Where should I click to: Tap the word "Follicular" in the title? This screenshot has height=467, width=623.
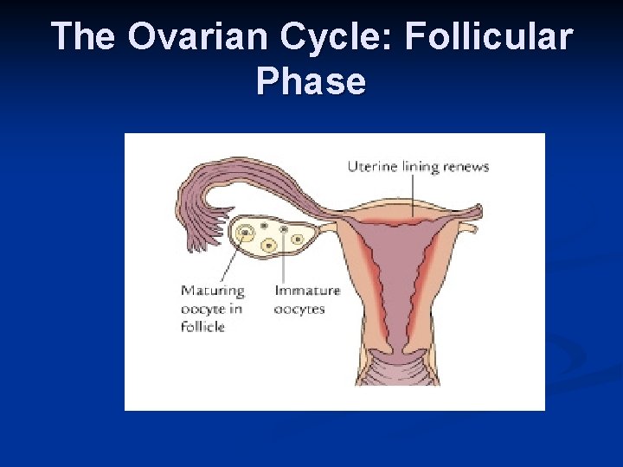(x=490, y=37)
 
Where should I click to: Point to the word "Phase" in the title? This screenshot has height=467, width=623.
(x=311, y=81)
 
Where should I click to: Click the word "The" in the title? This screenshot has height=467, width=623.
(x=84, y=37)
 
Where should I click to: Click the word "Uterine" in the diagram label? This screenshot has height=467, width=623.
(x=372, y=166)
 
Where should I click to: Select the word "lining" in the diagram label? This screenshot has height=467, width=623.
(x=421, y=166)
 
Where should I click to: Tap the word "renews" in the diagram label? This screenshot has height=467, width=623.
(x=468, y=166)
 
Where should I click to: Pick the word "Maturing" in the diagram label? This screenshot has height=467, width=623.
(x=213, y=291)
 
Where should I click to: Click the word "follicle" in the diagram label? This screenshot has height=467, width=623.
(x=202, y=326)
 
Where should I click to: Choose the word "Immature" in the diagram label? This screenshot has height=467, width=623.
(x=307, y=291)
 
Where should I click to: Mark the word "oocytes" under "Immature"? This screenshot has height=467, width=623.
(x=299, y=309)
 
